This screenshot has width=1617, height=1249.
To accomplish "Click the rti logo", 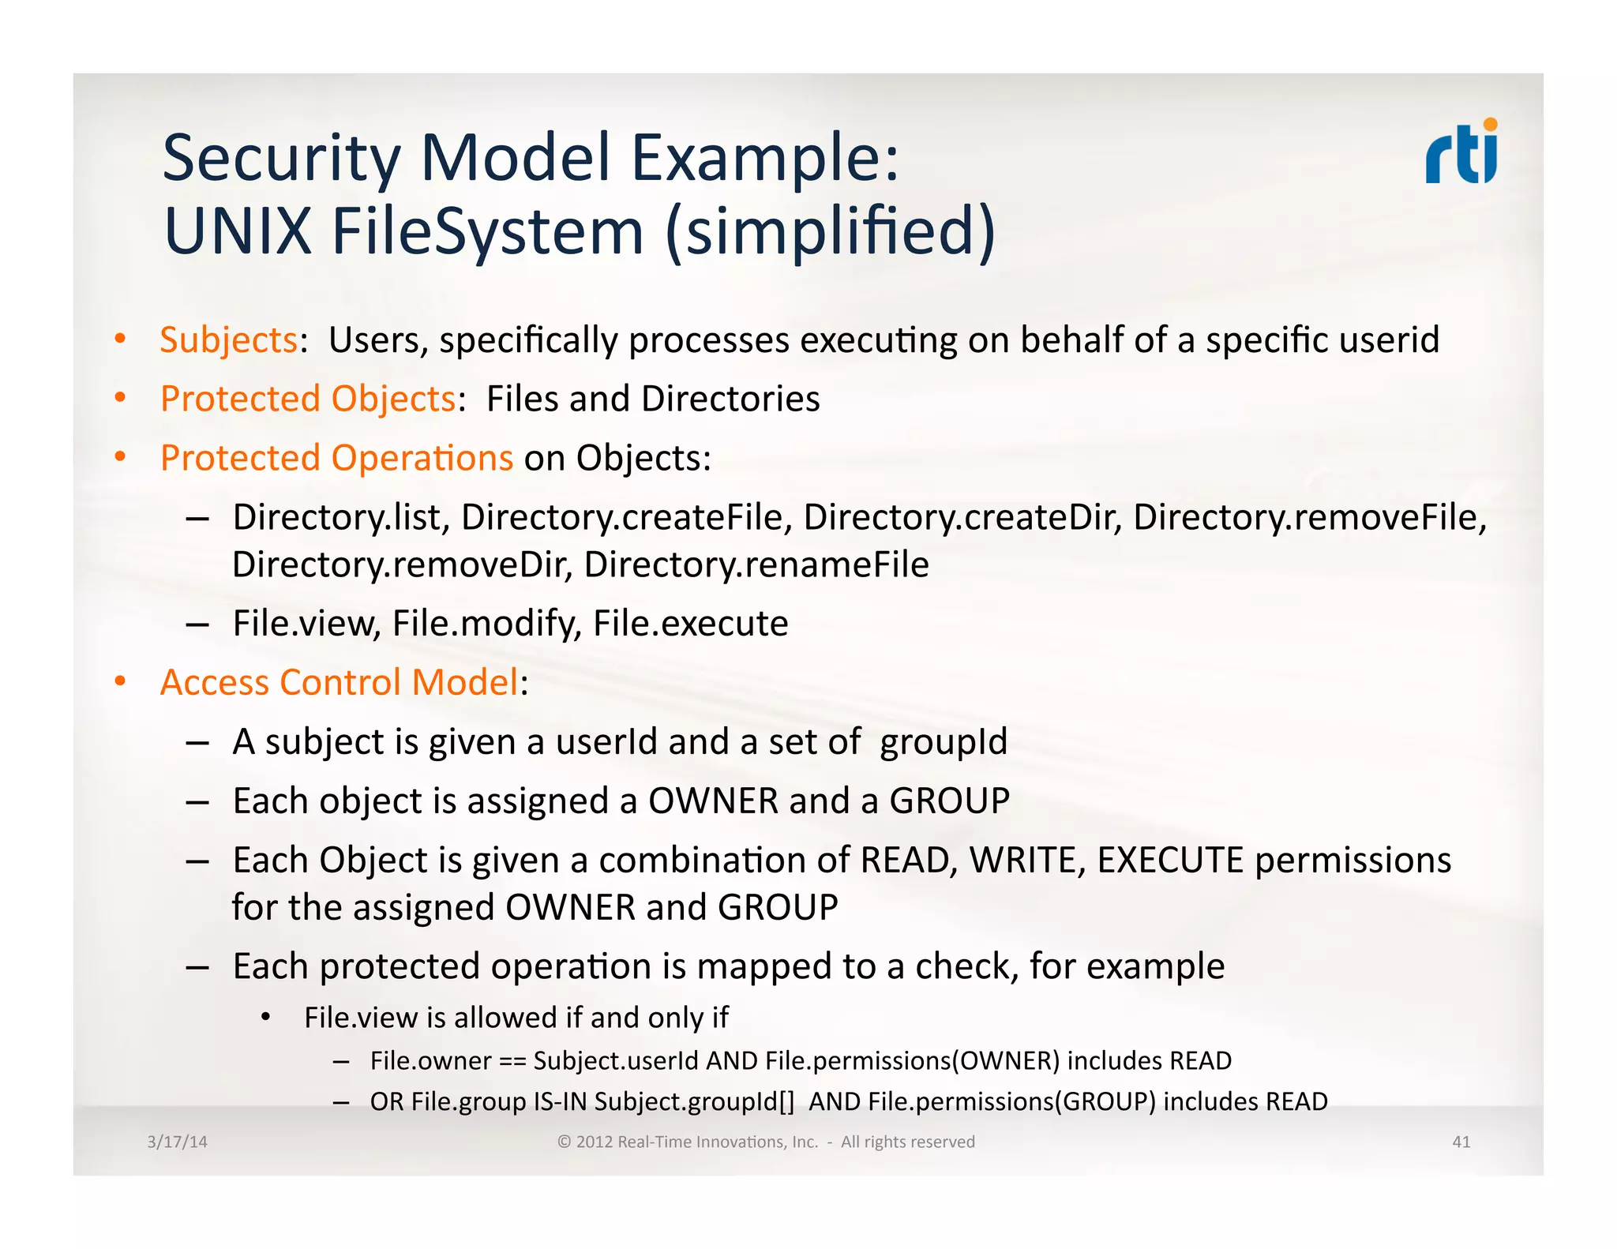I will (x=1461, y=153).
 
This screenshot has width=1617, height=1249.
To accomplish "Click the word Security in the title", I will (x=281, y=159).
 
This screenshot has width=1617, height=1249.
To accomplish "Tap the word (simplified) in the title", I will (x=831, y=232).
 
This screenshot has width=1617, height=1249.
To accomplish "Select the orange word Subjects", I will (x=228, y=340).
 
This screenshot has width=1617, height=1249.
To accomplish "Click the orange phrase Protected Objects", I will (x=308, y=399).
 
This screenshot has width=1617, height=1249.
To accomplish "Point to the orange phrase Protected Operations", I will (x=336, y=458).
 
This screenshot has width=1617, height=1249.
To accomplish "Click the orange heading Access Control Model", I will (x=340, y=682).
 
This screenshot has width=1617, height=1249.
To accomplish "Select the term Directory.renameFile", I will (x=756, y=564).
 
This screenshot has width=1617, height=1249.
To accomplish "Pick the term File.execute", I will (x=690, y=624).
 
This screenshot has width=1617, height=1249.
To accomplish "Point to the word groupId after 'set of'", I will (x=944, y=742).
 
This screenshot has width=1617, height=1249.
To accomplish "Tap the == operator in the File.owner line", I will (x=512, y=1061).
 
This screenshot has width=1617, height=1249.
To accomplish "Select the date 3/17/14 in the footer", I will (x=177, y=1142).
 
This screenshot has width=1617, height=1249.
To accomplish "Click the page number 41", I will (x=1461, y=1142).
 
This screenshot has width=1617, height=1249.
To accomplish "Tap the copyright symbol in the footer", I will (x=564, y=1142).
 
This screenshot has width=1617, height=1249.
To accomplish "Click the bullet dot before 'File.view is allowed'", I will (x=266, y=1018).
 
